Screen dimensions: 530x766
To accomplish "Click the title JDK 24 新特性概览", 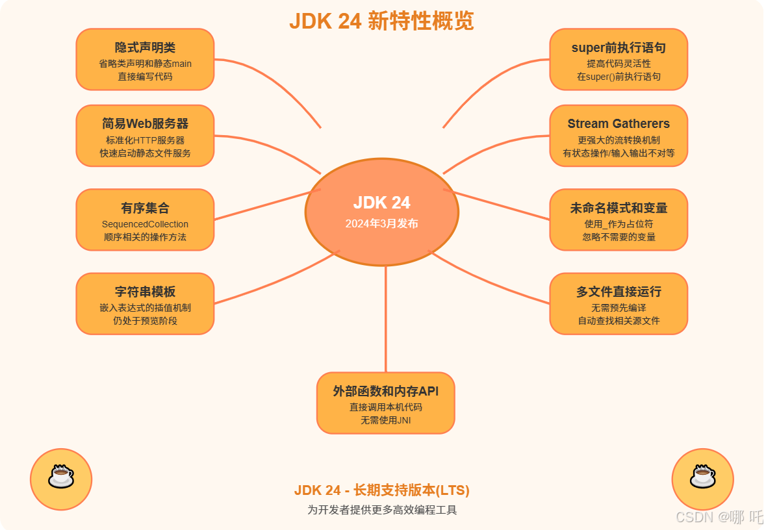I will pyautogui.click(x=381, y=21).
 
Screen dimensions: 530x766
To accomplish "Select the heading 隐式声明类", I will pyautogui.click(x=145, y=48).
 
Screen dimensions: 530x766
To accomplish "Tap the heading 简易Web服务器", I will pyautogui.click(x=145, y=124).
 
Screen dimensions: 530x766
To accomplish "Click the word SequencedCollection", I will pyautogui.click(x=145, y=224).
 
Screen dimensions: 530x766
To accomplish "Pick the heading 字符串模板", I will pyautogui.click(x=145, y=292).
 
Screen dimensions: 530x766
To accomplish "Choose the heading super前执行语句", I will pyautogui.click(x=619, y=48).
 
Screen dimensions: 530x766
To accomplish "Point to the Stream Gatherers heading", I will pyautogui.click(x=619, y=123).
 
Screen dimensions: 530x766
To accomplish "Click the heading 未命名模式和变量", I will pyautogui.click(x=619, y=208).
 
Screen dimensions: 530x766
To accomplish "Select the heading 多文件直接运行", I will pyautogui.click(x=619, y=292).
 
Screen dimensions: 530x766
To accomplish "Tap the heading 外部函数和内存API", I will pyautogui.click(x=386, y=391).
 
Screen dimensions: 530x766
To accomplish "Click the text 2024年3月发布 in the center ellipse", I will pyautogui.click(x=381, y=223).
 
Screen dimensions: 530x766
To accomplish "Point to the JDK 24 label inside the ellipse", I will pyautogui.click(x=381, y=203).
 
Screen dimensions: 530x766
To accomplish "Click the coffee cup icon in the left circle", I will pyautogui.click(x=61, y=478).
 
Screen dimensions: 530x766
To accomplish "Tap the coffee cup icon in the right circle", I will pyautogui.click(x=702, y=478).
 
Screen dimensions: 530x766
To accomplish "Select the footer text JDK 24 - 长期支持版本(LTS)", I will pyautogui.click(x=381, y=490).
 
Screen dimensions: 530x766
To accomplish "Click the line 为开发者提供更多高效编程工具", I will pyautogui.click(x=381, y=510).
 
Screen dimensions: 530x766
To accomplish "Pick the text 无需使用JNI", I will pyautogui.click(x=386, y=420).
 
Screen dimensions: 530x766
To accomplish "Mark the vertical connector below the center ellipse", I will pyautogui.click(x=386, y=318).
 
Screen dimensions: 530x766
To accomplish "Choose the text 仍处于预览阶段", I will pyautogui.click(x=145, y=320).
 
